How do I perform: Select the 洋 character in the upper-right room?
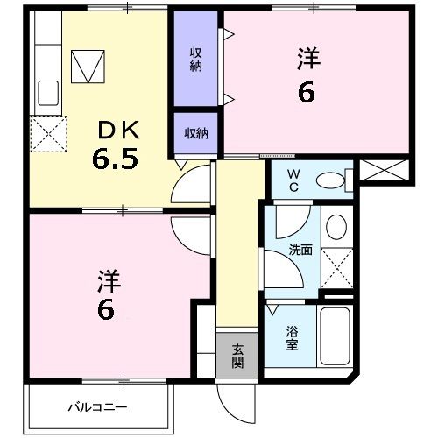pyautogui.click(x=307, y=59)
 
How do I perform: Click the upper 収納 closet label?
pyautogui.click(x=196, y=59)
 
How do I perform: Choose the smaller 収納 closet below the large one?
pyautogui.click(x=196, y=133)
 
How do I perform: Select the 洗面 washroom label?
pyautogui.click(x=301, y=250)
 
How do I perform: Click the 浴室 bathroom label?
pyautogui.click(x=291, y=338)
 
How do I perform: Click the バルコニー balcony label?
pyautogui.click(x=98, y=406)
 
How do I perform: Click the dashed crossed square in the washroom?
pyautogui.click(x=336, y=266)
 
